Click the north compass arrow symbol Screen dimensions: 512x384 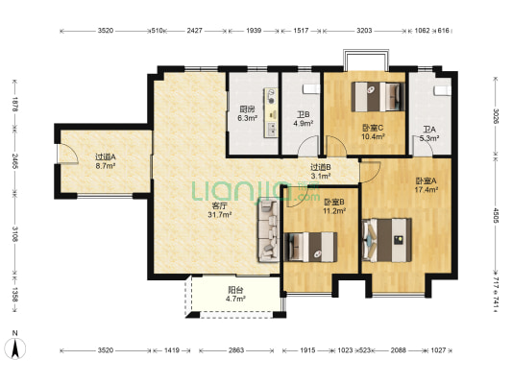coord(15,348)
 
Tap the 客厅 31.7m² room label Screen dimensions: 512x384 coord(220,210)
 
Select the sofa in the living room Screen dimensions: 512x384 coord(269,230)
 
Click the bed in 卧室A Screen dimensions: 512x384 coord(387,240)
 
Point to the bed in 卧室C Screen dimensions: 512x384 coord(378,97)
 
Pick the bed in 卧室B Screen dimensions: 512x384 coord(310,247)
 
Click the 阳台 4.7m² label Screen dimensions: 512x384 coord(235,294)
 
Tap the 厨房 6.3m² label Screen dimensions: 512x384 coord(247,113)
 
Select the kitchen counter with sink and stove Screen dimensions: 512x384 coord(271,112)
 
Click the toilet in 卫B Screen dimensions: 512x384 coord(310,89)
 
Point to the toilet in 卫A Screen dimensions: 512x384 coord(442,90)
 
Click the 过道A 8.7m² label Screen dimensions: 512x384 coord(106,161)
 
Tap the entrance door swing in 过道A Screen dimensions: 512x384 coord(68,154)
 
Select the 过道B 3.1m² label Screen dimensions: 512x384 coord(320,172)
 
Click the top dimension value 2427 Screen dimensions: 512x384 coord(194,31)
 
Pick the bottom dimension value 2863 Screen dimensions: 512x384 coord(236,350)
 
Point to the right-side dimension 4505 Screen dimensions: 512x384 coord(496,216)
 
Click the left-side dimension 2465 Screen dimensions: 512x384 coord(14,161)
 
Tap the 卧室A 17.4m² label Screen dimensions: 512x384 coord(427,185)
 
